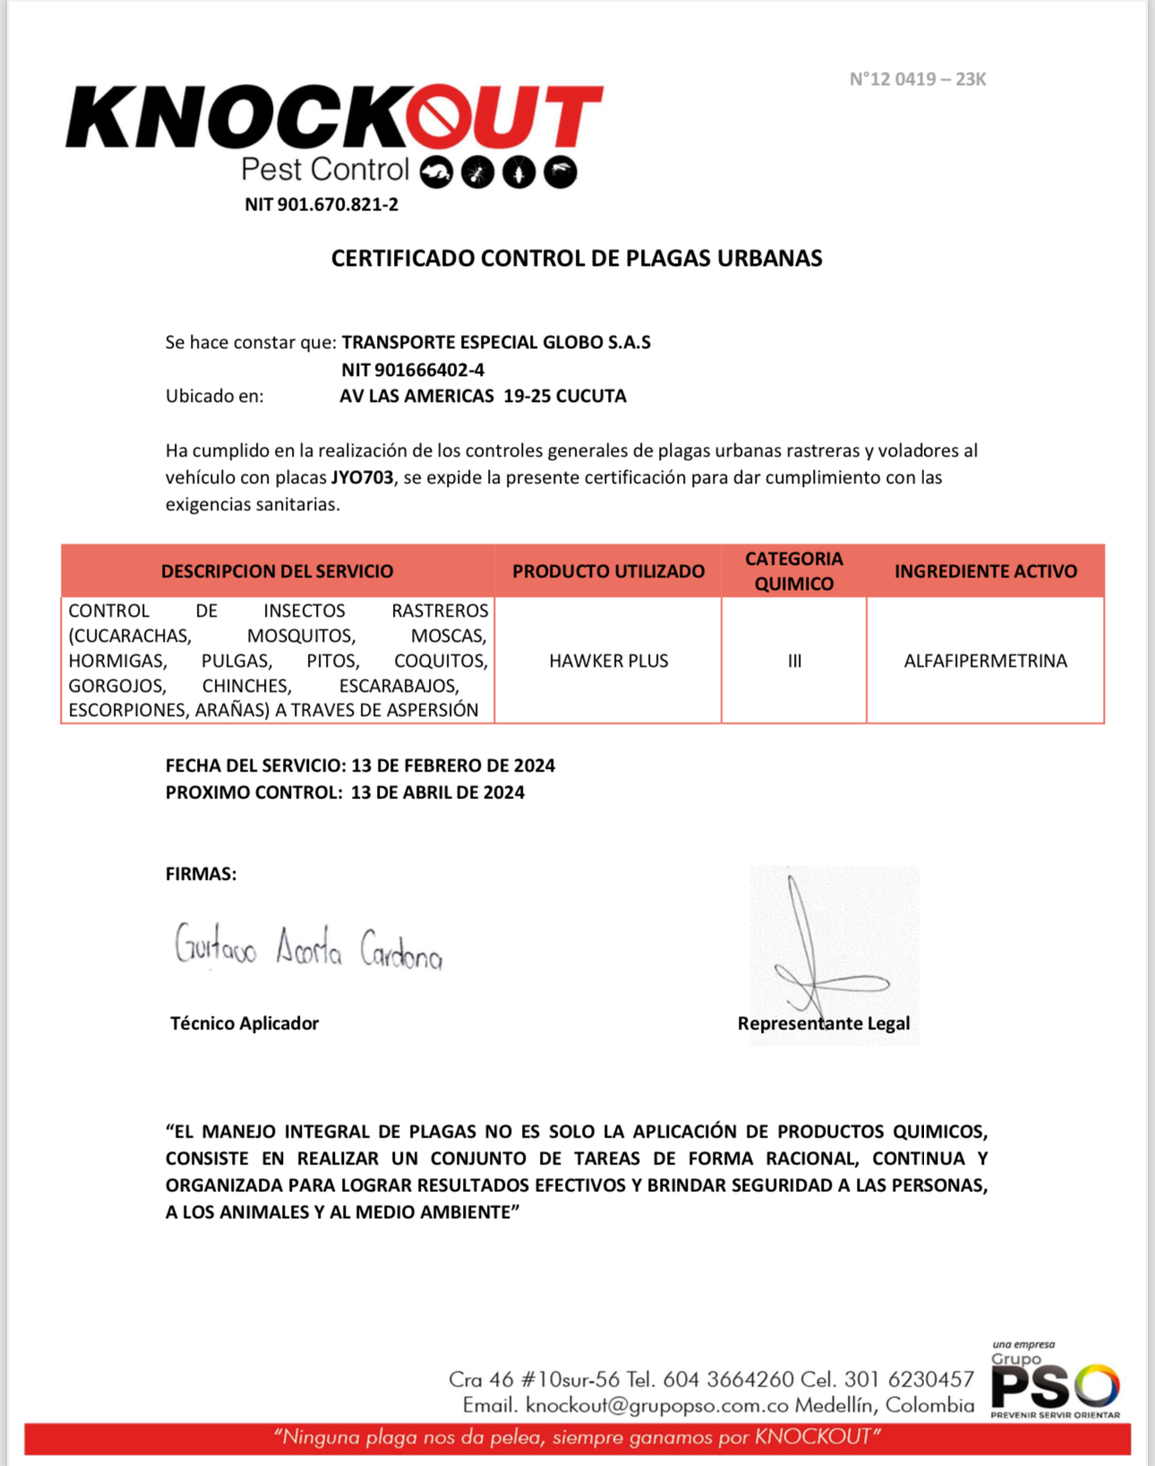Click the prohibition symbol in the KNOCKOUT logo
[440, 117]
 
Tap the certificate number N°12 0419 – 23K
[917, 79]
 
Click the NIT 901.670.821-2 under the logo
[321, 204]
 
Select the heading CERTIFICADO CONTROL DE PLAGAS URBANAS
[577, 258]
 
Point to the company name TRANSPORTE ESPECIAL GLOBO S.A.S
[496, 342]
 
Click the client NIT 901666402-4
[413, 370]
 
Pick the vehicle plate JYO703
[362, 477]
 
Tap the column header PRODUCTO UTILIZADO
[608, 571]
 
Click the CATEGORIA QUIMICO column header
[794, 571]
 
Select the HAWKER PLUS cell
[609, 661]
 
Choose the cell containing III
[794, 661]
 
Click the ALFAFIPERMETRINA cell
[985, 661]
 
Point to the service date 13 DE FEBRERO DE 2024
[453, 765]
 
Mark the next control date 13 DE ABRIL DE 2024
[438, 792]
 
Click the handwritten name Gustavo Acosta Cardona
[308, 947]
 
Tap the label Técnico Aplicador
[244, 1023]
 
